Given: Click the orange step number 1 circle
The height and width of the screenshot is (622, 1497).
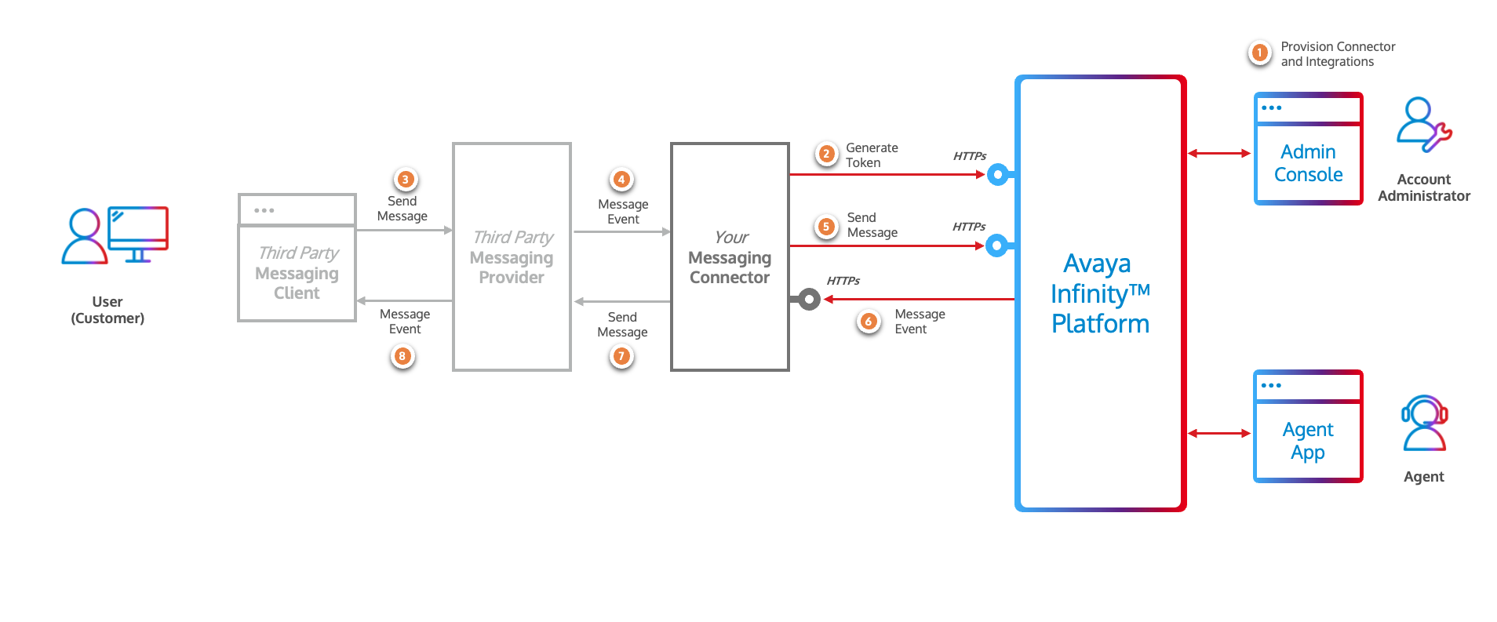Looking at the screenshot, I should click(x=1259, y=53).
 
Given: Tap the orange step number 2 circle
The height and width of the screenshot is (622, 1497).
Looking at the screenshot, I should click(x=826, y=154).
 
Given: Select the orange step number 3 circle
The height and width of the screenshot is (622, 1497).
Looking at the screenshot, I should click(x=405, y=180).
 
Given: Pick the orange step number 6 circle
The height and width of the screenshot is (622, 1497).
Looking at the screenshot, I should click(x=869, y=321).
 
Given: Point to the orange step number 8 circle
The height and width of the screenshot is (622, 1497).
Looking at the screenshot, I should click(x=402, y=356).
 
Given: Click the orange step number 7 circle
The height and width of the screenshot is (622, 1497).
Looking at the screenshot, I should click(x=621, y=356).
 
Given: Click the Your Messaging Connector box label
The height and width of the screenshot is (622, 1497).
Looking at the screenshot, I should click(x=730, y=258).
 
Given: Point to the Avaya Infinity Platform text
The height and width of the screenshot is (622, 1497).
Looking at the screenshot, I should click(x=1099, y=293).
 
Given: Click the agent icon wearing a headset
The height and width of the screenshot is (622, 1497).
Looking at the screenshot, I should click(x=1424, y=424).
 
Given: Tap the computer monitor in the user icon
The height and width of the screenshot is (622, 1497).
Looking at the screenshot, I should click(x=138, y=229).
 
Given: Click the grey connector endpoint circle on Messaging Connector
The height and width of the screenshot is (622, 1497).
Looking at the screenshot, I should click(x=809, y=299).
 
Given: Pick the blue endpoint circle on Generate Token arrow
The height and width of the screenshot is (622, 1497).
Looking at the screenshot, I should click(x=998, y=174).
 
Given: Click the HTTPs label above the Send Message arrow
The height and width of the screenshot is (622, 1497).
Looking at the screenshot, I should click(x=969, y=227).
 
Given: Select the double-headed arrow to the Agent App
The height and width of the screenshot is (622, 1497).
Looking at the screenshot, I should click(x=1218, y=433).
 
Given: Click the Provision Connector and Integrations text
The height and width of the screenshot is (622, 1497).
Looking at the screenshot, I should click(x=1337, y=54).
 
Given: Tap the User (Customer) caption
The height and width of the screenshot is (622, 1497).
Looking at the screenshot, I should click(x=107, y=310).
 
